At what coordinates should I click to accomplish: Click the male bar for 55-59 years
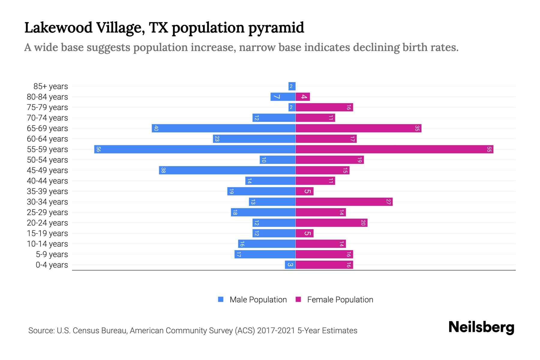(x=195, y=149)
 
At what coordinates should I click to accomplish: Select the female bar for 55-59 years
(x=394, y=149)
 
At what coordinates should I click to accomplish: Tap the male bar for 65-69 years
(x=223, y=128)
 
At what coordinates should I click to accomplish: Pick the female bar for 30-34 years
(x=344, y=202)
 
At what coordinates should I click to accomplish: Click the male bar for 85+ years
(x=292, y=86)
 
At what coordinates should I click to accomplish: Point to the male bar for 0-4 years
(x=290, y=265)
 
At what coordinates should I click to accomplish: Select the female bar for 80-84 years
(x=303, y=97)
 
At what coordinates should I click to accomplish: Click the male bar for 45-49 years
(x=227, y=170)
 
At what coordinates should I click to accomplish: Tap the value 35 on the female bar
(x=417, y=128)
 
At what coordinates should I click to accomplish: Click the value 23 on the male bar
(x=217, y=139)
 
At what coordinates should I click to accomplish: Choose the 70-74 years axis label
(x=47, y=118)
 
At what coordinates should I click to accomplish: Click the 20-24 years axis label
(x=47, y=223)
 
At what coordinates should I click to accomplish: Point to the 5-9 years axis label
(x=52, y=254)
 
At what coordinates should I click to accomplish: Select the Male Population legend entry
(x=258, y=299)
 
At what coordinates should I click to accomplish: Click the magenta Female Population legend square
(x=298, y=299)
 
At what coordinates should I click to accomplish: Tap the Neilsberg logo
(x=481, y=327)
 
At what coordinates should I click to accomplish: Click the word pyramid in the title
(x=276, y=28)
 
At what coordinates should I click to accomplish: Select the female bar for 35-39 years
(x=304, y=191)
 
